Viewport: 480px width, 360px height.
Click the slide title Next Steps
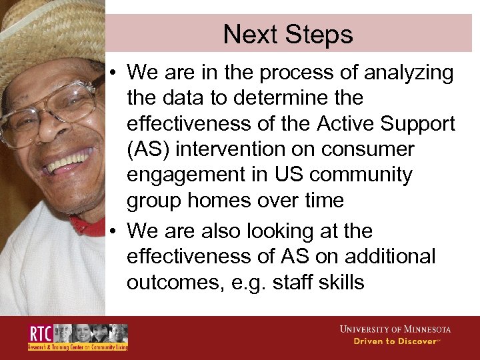(x=287, y=33)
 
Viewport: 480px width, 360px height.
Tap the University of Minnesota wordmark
(x=395, y=329)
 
